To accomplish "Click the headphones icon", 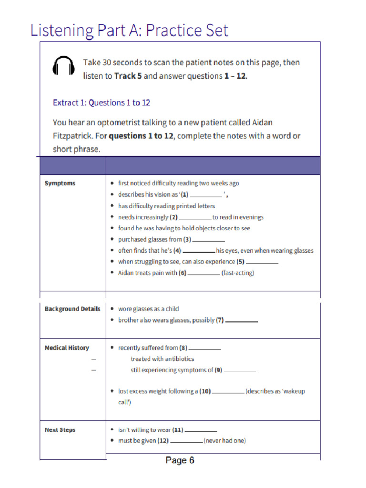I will click(x=63, y=66).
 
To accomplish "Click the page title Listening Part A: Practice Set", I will click(x=129, y=30).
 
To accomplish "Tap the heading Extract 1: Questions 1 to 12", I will click(x=102, y=102).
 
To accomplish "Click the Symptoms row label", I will click(x=60, y=183).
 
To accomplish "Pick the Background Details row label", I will click(x=72, y=309).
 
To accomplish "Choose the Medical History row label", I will click(x=67, y=348).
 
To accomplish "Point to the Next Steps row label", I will click(x=60, y=430).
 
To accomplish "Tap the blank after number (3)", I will click(x=209, y=241).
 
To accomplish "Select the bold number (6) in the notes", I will click(x=182, y=273).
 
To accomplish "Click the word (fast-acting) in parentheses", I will click(x=238, y=273).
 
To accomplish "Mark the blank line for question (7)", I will click(x=241, y=322).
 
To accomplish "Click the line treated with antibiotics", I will click(x=162, y=359).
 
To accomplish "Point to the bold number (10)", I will click(x=205, y=391).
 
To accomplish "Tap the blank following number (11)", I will click(x=201, y=431).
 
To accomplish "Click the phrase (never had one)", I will click(x=225, y=441).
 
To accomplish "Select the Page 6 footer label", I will click(x=180, y=460).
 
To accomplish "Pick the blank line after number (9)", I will click(x=240, y=371).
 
